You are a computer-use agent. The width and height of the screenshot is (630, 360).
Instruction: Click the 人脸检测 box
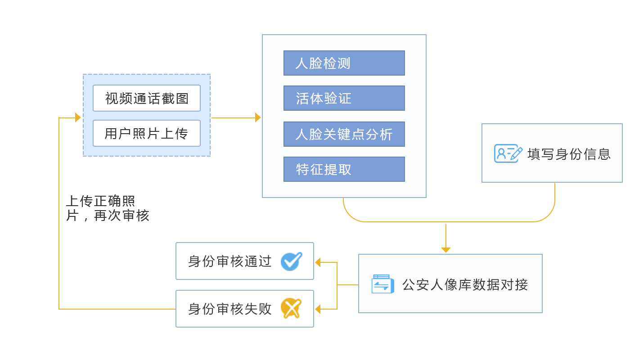click(344, 63)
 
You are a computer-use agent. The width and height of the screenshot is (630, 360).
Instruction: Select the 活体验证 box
click(344, 98)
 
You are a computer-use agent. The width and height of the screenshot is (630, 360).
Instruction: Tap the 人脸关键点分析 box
click(344, 134)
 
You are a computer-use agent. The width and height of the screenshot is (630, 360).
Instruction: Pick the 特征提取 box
click(344, 169)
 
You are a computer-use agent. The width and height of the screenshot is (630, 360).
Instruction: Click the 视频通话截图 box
click(147, 98)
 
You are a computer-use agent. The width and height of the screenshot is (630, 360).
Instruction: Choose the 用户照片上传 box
click(147, 133)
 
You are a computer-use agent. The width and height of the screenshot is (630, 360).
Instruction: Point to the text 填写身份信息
click(569, 154)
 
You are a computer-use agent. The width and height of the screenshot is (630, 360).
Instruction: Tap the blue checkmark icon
click(291, 261)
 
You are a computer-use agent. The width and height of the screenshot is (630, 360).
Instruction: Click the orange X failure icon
click(291, 309)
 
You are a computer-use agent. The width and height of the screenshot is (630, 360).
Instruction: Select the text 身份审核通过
click(230, 261)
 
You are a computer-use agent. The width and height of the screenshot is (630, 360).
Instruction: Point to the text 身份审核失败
click(230, 309)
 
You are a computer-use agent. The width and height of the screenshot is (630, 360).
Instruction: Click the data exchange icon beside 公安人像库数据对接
click(382, 284)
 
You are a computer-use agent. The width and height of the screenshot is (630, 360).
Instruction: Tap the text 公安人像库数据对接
click(465, 284)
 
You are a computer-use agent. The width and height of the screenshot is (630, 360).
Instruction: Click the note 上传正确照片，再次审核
click(107, 208)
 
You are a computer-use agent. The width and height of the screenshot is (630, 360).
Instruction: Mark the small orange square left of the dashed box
click(78, 117)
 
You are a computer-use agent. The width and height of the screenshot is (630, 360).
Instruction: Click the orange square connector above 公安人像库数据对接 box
click(445, 250)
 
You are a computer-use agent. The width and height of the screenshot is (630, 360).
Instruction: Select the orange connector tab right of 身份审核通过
click(325, 262)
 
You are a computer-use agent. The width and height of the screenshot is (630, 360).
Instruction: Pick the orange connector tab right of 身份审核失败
click(325, 309)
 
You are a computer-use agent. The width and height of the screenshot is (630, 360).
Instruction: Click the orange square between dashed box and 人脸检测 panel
click(258, 117)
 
